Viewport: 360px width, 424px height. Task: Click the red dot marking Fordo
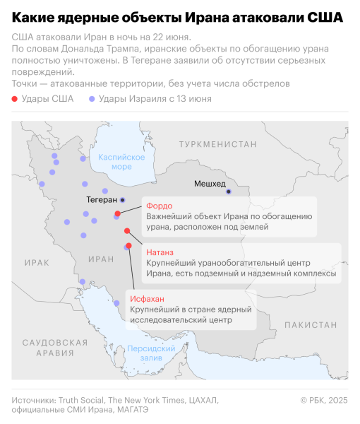coord(118,213)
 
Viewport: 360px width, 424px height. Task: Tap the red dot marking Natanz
coord(127,231)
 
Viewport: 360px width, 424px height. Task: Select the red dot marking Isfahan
coord(128,246)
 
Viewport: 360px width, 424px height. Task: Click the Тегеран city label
coord(101,200)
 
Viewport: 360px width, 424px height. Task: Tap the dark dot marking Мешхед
coord(228,192)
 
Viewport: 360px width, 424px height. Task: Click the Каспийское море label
coord(116,162)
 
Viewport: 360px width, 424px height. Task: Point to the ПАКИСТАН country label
coord(313,324)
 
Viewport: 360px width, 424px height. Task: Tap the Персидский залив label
coord(151,353)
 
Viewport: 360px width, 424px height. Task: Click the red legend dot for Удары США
coord(16,99)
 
